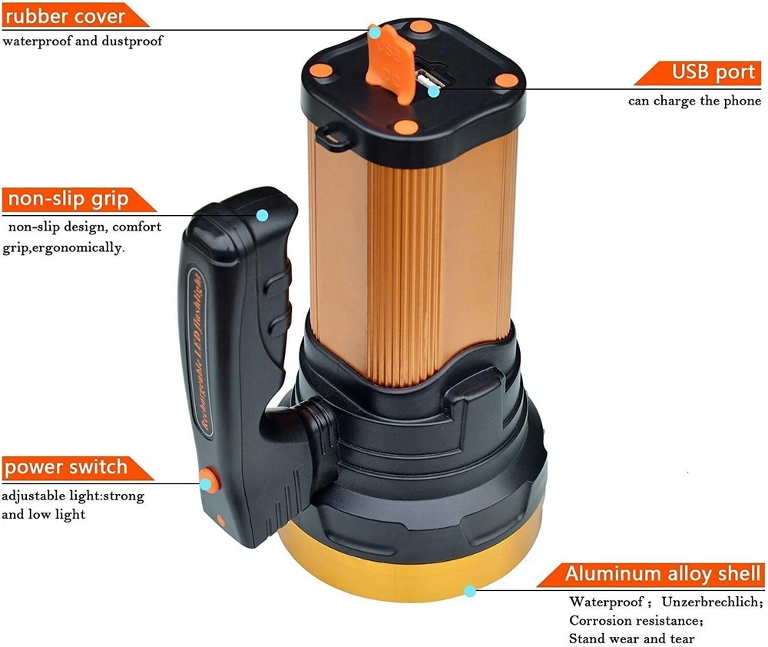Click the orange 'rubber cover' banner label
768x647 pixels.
tap(74, 15)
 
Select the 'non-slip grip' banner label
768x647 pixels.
tap(78, 200)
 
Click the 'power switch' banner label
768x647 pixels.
tap(76, 468)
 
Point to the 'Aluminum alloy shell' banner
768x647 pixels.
tap(652, 575)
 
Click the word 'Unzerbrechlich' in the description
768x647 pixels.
tap(711, 602)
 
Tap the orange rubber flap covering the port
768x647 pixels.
tap(390, 64)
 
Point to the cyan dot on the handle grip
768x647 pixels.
tap(263, 215)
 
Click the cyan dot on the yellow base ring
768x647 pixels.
tap(470, 591)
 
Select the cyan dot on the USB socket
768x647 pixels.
tap(433, 91)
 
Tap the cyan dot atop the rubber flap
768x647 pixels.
tap(375, 33)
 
